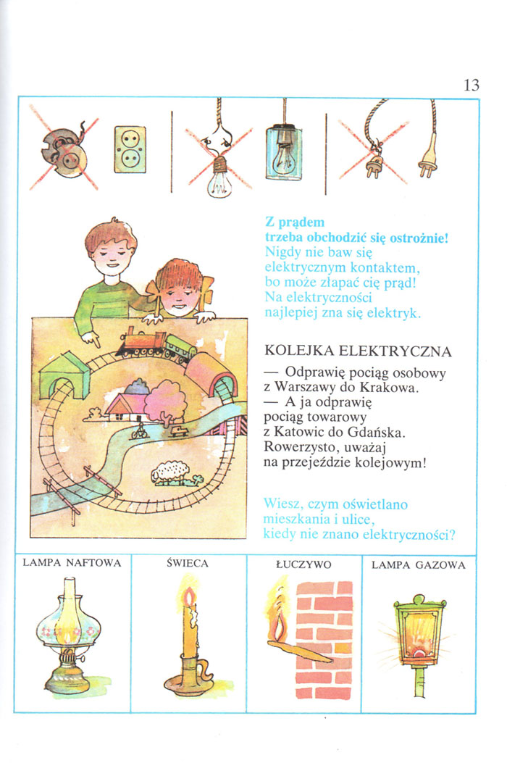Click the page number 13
point(471,85)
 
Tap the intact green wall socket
point(130,149)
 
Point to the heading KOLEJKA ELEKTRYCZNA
point(358,351)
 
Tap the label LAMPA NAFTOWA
point(72,563)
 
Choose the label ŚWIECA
point(188,564)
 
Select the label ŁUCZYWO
point(303,564)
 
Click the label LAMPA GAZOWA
point(419,565)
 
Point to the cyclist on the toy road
point(139,430)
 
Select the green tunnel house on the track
point(64,375)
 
